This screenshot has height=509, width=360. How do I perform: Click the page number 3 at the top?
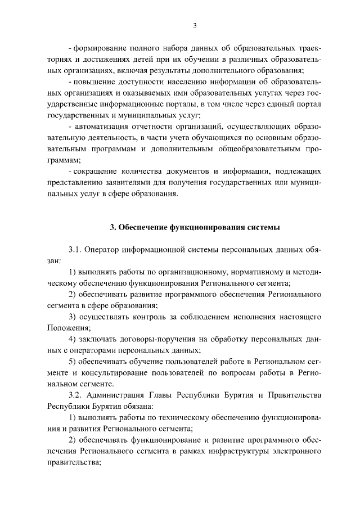click(194, 25)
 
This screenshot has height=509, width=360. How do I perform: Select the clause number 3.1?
click(75, 250)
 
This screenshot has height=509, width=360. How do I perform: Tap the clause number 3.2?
click(75, 395)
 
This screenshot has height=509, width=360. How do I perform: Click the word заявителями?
click(132, 184)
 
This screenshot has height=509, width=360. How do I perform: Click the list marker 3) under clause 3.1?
click(72, 317)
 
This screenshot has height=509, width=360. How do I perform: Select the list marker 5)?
click(72, 362)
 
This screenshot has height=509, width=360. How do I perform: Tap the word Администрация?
click(118, 395)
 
